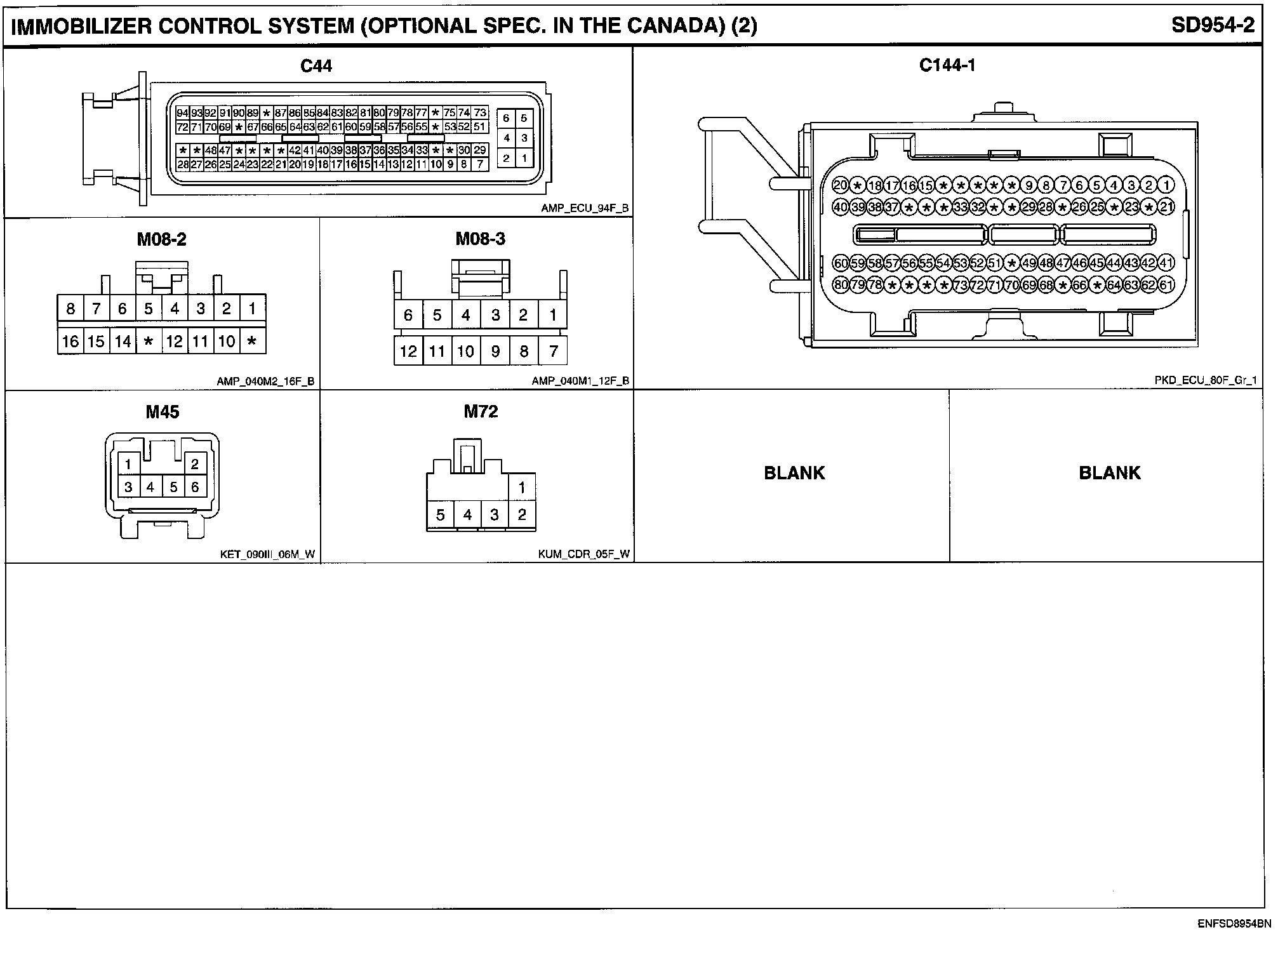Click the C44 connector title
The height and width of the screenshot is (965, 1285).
316,66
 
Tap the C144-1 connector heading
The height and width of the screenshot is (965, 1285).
947,65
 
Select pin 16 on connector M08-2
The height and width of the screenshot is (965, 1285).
70,342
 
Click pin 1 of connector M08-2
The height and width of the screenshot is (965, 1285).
252,309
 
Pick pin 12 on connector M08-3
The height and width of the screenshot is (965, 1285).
408,351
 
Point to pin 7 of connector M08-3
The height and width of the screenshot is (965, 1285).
553,351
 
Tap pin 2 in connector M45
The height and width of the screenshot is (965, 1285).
194,464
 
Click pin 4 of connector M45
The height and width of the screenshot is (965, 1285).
150,487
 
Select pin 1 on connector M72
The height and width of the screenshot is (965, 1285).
522,488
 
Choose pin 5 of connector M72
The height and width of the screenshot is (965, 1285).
440,515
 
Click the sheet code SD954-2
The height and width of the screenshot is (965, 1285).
1213,25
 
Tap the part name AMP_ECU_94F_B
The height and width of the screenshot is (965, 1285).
585,208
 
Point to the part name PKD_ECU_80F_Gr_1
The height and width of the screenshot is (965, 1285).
1206,380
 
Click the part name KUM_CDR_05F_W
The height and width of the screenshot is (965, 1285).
584,554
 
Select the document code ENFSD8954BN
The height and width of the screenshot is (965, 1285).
1234,924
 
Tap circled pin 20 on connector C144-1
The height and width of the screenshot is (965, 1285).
841,185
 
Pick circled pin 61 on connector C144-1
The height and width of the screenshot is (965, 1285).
1166,285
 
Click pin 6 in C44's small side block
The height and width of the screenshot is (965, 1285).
506,118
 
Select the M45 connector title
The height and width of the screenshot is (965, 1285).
163,412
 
